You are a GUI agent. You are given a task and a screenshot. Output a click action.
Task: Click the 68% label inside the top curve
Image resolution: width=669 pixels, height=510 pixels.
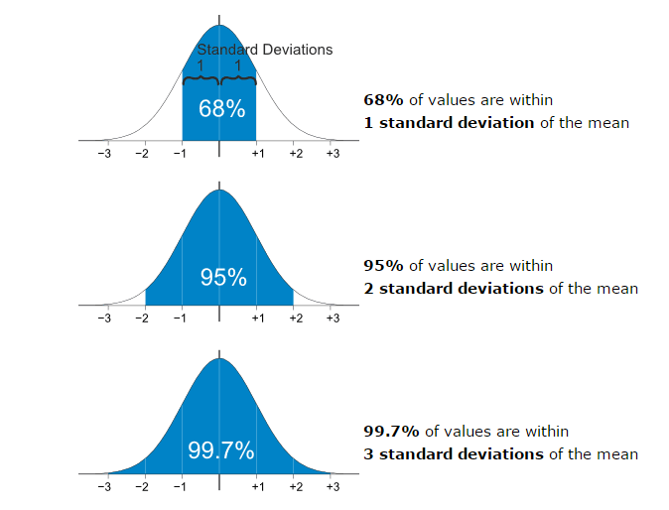coord(221,109)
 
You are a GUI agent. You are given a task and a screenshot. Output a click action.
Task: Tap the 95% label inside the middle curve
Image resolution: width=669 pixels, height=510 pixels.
coord(223,277)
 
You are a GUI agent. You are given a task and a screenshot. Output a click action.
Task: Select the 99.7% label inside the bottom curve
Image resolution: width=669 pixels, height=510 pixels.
coord(221,450)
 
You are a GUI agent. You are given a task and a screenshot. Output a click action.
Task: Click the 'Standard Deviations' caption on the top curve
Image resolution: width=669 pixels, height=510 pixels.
coord(264,50)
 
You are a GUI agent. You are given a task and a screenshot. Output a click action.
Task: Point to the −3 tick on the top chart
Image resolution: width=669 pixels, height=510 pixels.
coord(104,154)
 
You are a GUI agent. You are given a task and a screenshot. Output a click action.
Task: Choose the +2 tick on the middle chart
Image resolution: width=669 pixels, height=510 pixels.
coord(295,319)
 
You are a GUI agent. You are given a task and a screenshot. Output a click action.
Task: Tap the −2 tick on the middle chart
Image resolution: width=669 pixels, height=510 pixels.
coord(142,319)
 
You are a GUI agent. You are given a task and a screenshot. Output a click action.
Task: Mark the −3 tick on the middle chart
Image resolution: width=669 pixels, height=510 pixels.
coord(104,319)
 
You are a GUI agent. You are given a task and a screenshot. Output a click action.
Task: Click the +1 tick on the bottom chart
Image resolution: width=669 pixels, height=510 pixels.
coord(257,487)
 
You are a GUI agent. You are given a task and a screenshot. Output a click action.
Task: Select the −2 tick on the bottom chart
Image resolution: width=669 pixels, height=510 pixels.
coord(142,487)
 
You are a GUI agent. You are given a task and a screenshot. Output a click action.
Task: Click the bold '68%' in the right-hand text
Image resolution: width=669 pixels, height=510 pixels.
coord(384,99)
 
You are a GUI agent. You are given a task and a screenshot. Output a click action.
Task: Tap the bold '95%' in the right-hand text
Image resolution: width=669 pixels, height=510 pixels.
coord(384,265)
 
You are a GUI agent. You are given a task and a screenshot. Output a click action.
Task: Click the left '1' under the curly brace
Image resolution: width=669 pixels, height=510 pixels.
coord(200,65)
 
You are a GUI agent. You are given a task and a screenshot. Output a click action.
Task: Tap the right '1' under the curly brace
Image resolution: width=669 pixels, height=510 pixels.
coord(238,65)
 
